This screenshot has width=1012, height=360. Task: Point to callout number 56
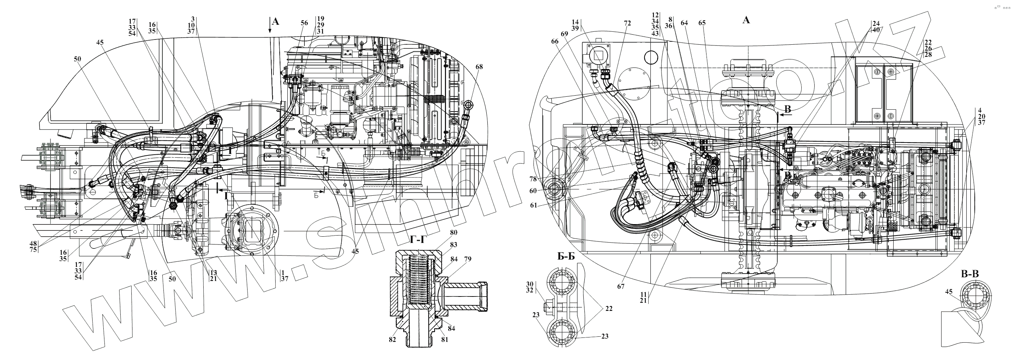304,23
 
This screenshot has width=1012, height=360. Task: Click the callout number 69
564,34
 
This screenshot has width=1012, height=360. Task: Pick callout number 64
684,23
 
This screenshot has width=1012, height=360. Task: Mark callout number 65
702,23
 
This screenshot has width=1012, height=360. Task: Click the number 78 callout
533,179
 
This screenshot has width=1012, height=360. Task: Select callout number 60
533,191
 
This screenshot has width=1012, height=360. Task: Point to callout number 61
533,205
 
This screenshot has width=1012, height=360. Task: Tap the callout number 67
620,287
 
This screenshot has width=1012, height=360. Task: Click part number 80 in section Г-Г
454,233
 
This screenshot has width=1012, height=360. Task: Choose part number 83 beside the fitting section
454,245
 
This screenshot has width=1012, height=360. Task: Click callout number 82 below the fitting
393,340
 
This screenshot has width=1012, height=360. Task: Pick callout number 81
444,340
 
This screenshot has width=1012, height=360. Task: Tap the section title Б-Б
566,257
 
